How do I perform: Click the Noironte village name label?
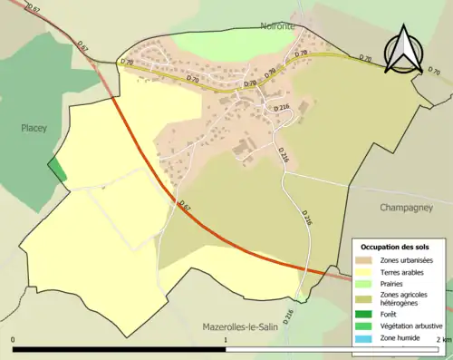click(x=278, y=26)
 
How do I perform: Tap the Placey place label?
click(x=34, y=129)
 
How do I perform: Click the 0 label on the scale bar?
click(x=14, y=340)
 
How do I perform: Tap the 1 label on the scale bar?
click(x=225, y=340)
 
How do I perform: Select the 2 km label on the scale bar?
click(x=443, y=340)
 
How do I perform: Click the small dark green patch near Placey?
click(x=57, y=170)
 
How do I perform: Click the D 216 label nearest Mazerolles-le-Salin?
click(x=289, y=316)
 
